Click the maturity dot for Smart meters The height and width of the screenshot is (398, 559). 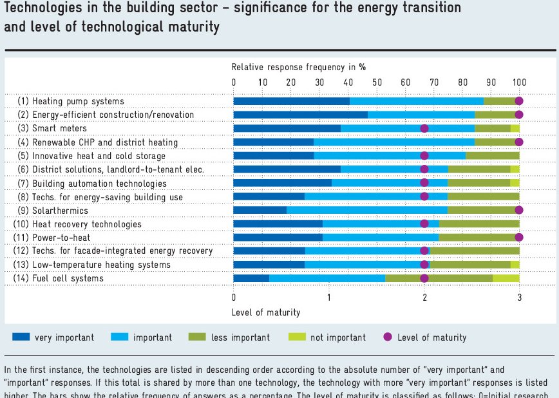click(x=424, y=128)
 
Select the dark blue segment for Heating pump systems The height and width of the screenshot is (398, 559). click(x=291, y=101)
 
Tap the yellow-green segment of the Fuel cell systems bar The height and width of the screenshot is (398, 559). click(x=506, y=278)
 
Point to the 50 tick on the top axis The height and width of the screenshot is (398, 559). click(x=377, y=82)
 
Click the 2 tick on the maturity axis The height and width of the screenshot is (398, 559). click(x=424, y=297)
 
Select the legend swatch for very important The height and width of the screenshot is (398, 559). click(x=21, y=337)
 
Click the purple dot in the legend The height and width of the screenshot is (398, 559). click(x=387, y=337)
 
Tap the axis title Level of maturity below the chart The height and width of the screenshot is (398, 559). click(x=265, y=312)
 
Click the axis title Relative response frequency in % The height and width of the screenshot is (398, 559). click(x=299, y=67)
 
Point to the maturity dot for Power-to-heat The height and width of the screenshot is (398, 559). click(x=519, y=238)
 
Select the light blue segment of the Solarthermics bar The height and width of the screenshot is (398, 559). click(x=367, y=210)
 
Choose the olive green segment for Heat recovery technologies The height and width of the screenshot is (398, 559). click(x=479, y=224)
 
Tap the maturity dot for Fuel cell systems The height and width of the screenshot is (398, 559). click(x=424, y=278)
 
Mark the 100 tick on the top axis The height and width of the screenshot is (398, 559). click(x=519, y=82)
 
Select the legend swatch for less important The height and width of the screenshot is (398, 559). click(x=197, y=337)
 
